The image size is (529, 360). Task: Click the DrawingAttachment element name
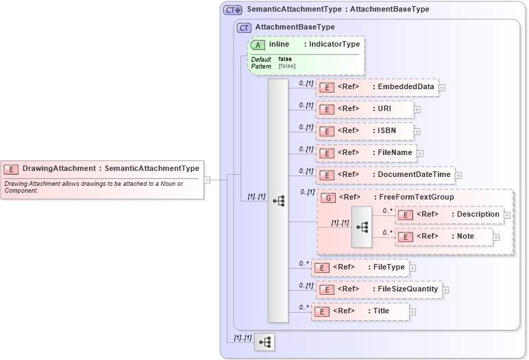click(58, 168)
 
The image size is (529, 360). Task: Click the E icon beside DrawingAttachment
click(11, 169)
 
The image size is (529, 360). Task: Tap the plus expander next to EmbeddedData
click(442, 88)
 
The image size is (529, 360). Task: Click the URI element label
click(386, 109)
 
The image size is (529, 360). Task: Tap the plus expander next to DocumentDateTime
click(458, 176)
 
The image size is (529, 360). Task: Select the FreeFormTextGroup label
click(416, 197)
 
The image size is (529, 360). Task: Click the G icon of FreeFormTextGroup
click(328, 198)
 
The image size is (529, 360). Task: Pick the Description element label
click(478, 215)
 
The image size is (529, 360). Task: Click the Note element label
click(465, 237)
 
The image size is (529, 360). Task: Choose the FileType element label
click(389, 267)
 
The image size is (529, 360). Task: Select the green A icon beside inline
click(258, 45)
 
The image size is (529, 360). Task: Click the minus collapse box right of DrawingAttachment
click(207, 180)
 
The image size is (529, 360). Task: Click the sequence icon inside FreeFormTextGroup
click(361, 226)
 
